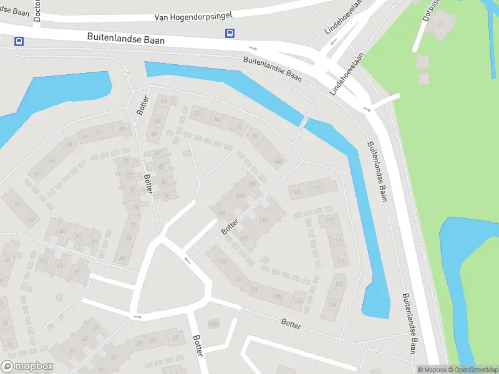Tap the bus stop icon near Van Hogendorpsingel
click(x=230, y=34)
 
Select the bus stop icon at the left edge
click(x=19, y=42)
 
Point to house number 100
click(x=278, y=162)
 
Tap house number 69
click(x=122, y=129)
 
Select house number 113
click(x=316, y=188)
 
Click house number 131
click(x=238, y=279)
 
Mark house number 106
click(x=220, y=213)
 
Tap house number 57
click(x=31, y=219)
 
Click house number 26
click(x=96, y=327)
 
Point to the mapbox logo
click(x=27, y=367)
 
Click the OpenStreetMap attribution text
click(x=472, y=370)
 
